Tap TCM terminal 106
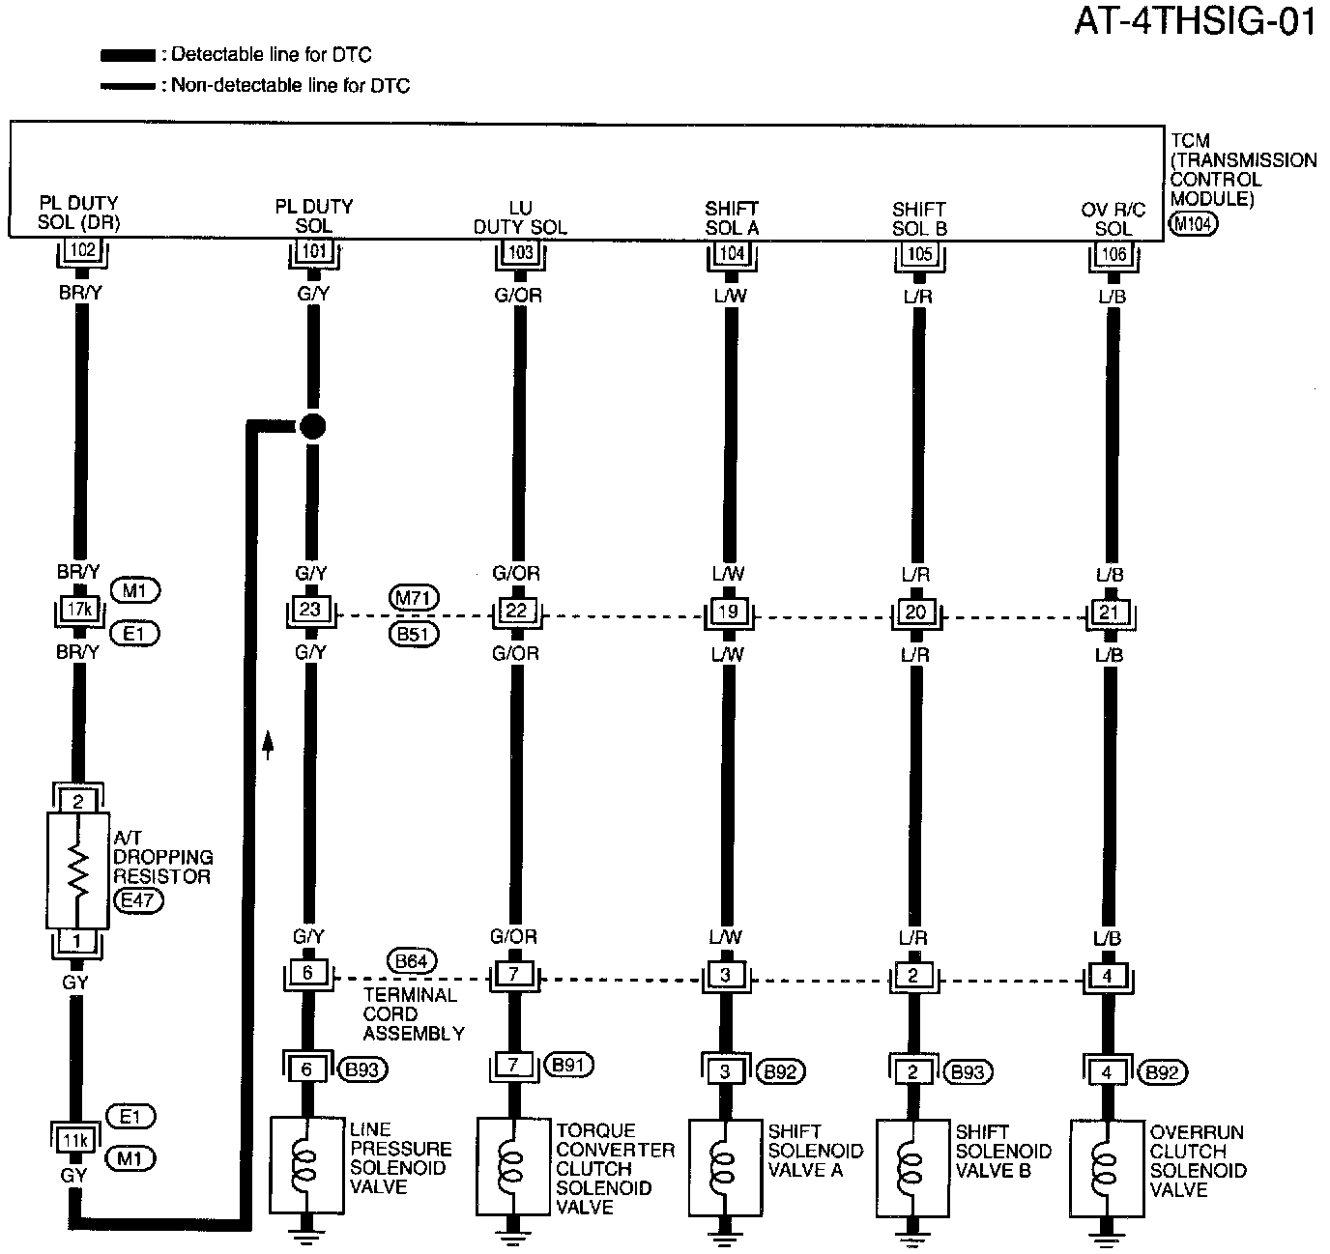1113,254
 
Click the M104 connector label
1193,224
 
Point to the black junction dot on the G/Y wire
312,426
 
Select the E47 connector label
138,900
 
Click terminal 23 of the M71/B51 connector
309,611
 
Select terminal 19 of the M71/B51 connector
727,612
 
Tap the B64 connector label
412,961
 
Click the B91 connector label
568,1065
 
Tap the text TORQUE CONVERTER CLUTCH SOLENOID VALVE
614,1168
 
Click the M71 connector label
413,599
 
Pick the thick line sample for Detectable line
128,56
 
